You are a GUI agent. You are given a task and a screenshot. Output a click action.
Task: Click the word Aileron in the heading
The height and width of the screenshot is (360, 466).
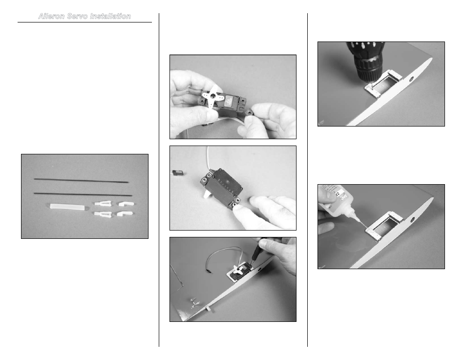point(51,16)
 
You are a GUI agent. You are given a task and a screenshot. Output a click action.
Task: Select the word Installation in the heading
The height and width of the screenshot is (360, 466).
point(110,16)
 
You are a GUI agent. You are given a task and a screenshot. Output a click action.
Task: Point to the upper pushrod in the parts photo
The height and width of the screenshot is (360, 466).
point(82,180)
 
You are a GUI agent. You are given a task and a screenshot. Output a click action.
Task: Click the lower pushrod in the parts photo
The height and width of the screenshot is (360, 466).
point(83,194)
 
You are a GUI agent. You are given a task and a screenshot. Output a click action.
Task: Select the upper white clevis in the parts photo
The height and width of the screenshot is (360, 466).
point(104,203)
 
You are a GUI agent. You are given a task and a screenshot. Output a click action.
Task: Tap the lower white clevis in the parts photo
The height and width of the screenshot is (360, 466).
point(103,214)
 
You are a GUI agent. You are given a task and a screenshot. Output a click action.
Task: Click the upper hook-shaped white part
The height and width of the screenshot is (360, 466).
point(126,204)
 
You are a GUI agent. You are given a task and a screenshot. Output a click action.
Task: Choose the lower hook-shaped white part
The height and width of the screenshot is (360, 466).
point(125,213)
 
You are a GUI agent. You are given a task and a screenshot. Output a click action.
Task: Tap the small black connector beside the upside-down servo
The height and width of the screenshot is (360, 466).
point(178,172)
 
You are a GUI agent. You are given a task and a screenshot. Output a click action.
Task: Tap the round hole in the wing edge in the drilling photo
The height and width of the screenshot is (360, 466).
point(412,79)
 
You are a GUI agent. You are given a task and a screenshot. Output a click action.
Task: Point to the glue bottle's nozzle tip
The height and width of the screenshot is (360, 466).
point(365,228)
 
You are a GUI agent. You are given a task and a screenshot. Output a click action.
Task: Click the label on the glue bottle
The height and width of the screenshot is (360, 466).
point(338,195)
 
